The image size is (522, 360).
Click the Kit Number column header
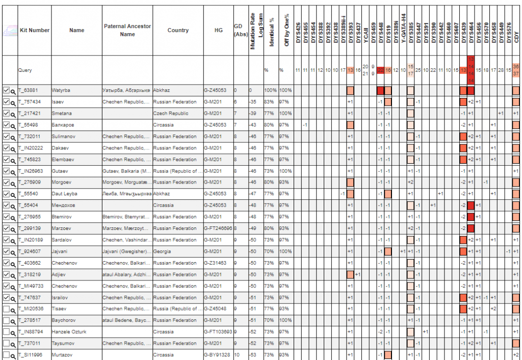34,30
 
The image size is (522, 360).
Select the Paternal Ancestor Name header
127,30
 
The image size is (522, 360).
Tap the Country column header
178,30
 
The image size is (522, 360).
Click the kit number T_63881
29,90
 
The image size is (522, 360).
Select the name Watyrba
61,90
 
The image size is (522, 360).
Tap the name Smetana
61,113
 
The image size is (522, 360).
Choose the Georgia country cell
161,251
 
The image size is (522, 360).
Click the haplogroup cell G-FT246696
218,228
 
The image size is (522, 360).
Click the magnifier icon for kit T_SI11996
13,355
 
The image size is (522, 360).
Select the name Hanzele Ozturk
69,332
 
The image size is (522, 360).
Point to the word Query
25,70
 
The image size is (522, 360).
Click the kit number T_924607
30,251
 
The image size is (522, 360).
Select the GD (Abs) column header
238,30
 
